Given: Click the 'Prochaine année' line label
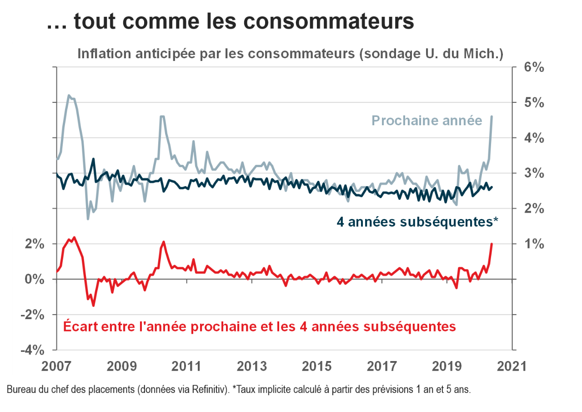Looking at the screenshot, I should [426, 121].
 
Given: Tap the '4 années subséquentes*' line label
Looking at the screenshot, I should [417, 222].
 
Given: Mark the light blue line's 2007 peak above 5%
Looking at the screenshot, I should [69, 96].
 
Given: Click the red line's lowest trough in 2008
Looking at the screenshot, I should [93, 305].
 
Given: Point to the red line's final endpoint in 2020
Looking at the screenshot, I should [492, 244].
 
